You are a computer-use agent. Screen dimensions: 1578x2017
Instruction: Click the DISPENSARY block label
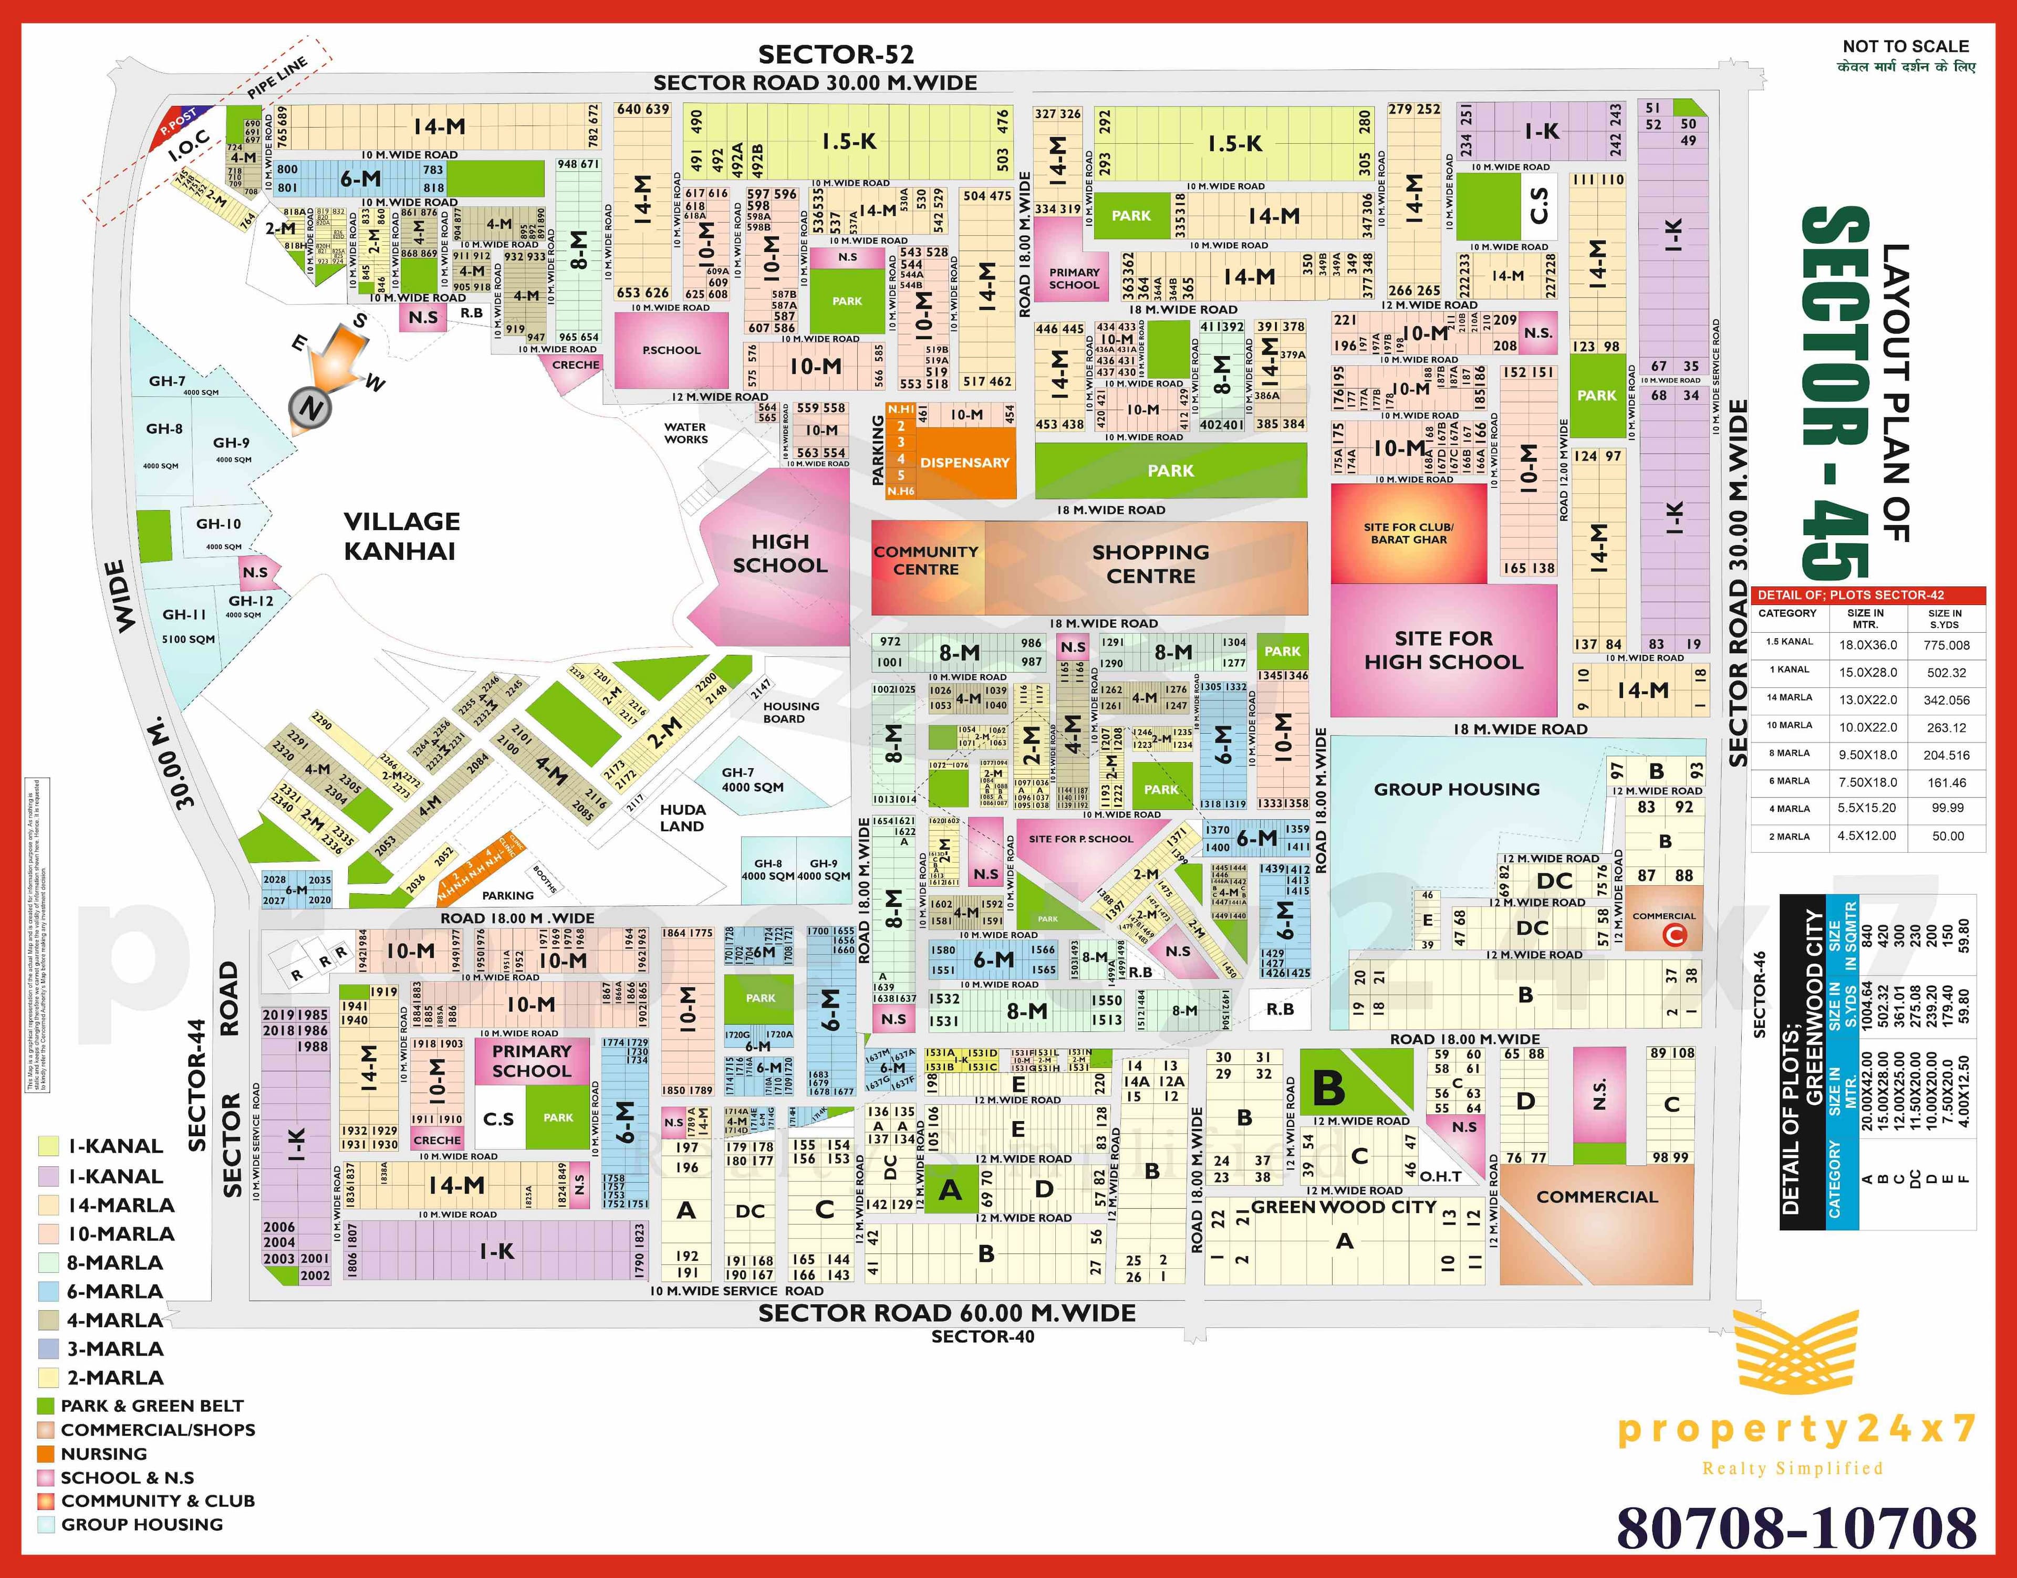pos(964,463)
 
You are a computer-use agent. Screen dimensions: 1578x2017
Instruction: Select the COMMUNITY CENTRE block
pos(926,561)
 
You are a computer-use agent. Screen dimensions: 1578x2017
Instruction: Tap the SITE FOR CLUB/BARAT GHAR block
pos(1408,533)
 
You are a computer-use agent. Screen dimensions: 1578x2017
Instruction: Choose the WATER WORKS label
pos(685,433)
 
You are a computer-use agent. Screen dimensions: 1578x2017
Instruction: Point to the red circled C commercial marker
pos(1674,935)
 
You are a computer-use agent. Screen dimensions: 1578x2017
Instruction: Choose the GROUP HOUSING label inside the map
pos(1456,789)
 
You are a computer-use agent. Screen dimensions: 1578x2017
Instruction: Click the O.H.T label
pos(1440,1176)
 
